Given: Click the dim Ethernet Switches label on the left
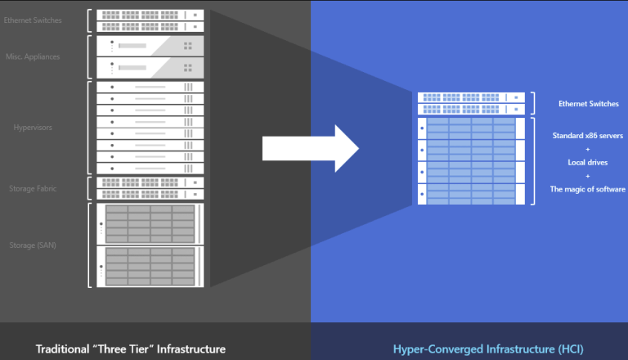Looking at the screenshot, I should [32, 20].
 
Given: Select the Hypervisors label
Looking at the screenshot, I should [33, 128].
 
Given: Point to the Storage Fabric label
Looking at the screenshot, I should [33, 188].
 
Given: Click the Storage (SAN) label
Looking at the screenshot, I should [34, 245].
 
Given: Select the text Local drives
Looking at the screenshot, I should [587, 161].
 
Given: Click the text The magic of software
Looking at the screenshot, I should [587, 190].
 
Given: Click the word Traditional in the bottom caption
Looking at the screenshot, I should [65, 349].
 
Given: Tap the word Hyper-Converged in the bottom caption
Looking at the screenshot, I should [433, 349].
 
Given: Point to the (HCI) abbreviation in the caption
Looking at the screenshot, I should [569, 349].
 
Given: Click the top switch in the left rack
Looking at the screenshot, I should [149, 15].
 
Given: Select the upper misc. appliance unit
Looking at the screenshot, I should [149, 45].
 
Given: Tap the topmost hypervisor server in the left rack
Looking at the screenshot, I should [149, 87].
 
